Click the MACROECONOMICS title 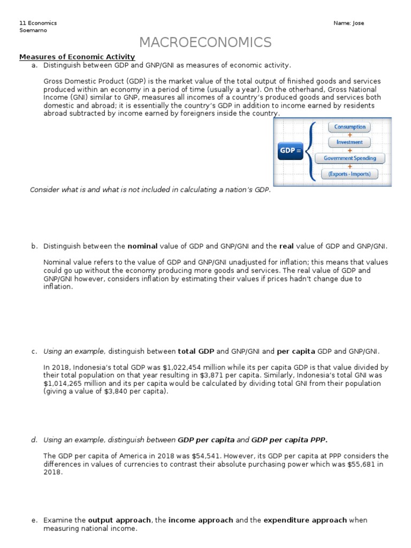point(205,42)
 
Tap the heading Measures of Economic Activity point(77,57)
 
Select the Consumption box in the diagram point(350,127)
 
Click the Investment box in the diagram point(349,142)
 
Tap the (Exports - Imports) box point(349,174)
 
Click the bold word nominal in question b point(142,246)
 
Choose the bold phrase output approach point(120,520)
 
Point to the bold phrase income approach point(201,520)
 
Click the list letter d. point(34,440)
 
